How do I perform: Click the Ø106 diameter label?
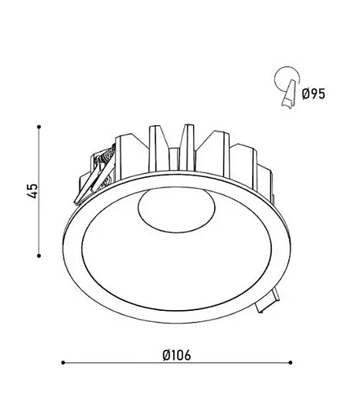coord(176,356)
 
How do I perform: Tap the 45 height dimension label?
coord(33,191)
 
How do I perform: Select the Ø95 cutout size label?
coord(314,94)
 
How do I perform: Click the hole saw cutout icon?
coord(287,87)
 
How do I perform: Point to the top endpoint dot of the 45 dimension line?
coord(39,127)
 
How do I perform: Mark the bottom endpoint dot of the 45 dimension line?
coord(39,256)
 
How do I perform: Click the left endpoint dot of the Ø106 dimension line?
coord(63,363)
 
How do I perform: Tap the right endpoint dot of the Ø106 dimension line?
coord(290,363)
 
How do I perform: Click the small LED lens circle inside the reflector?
coord(176,209)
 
